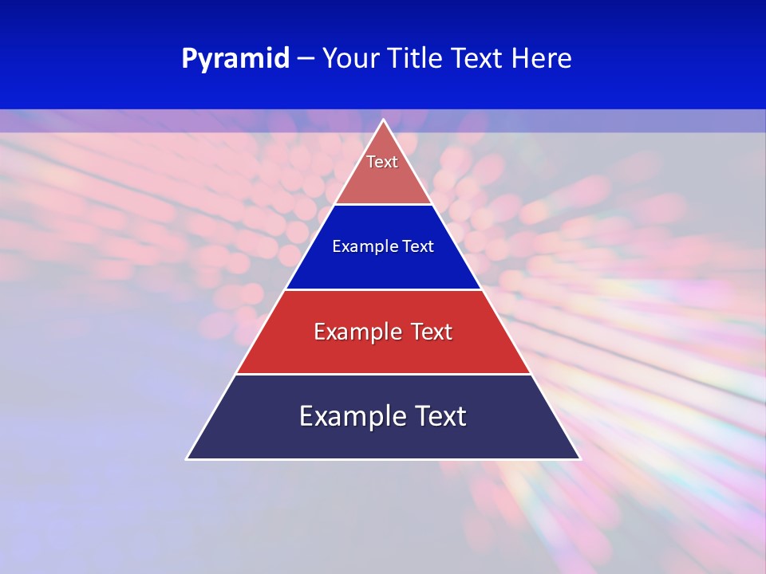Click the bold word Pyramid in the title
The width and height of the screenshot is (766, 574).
click(x=235, y=59)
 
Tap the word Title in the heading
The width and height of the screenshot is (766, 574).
click(x=416, y=58)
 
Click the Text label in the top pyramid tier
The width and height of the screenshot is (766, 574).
click(x=382, y=162)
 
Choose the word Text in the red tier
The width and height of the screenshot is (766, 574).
click(x=431, y=332)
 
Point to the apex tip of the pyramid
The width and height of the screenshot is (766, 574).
click(x=383, y=120)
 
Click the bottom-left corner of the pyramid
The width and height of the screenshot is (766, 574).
click(x=188, y=458)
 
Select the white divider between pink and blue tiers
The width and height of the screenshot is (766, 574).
click(x=383, y=205)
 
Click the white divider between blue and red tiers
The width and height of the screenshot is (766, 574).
click(x=383, y=289)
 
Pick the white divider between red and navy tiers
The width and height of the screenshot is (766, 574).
click(x=383, y=374)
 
